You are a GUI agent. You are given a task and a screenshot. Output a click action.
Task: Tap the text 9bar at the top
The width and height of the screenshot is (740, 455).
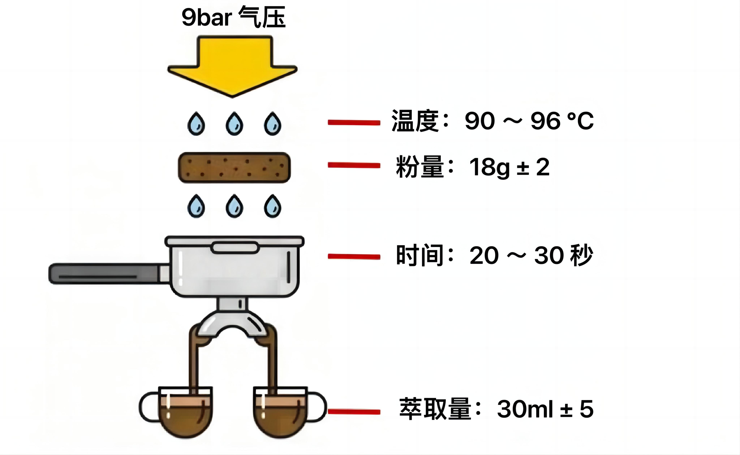[206, 18]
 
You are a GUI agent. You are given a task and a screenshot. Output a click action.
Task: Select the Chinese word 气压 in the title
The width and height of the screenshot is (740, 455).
[262, 18]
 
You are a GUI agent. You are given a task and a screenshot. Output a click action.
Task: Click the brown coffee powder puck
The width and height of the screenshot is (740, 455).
[234, 168]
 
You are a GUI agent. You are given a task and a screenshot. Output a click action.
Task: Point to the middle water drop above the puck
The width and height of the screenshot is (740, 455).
[234, 124]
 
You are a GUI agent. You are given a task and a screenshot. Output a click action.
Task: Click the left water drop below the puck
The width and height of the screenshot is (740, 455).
[196, 206]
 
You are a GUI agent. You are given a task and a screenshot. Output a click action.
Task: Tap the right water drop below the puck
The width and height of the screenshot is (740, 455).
[272, 206]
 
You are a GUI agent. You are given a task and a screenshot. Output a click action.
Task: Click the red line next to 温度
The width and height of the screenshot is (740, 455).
[354, 122]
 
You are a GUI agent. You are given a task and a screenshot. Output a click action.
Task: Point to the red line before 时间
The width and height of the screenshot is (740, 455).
[354, 256]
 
